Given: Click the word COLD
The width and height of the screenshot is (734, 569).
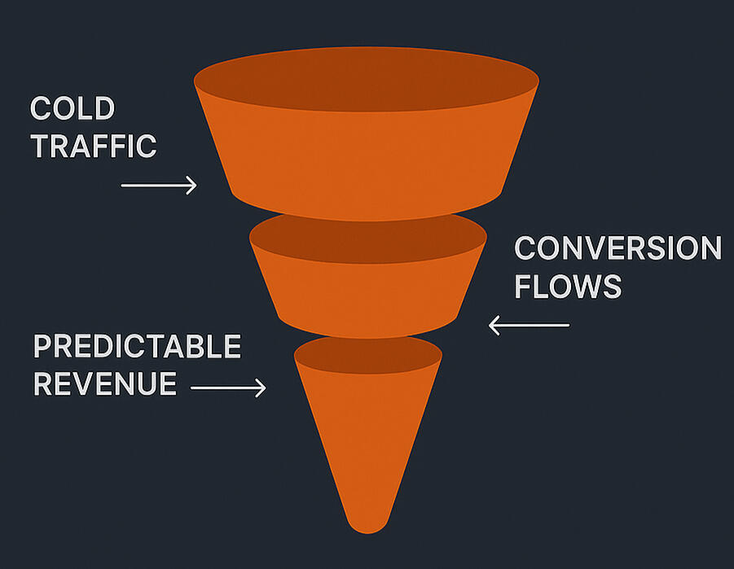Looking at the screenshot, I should tap(73, 108).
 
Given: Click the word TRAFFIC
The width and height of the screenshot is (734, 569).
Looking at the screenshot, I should tap(93, 147).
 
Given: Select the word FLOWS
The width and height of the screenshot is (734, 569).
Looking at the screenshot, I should tap(568, 287).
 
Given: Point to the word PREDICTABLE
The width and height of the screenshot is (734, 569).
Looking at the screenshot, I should tap(137, 347).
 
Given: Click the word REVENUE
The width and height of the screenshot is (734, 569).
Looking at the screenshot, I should tap(105, 383).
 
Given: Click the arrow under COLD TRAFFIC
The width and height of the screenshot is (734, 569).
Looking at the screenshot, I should tap(159, 186).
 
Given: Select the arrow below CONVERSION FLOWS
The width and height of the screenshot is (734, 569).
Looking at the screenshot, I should tap(529, 326).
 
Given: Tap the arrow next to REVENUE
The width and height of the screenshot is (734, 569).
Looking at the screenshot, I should tap(228, 388).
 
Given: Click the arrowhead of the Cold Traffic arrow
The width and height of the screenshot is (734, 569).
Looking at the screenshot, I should tap(192, 186).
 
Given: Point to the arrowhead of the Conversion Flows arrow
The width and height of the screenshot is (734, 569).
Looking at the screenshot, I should tap(494, 326).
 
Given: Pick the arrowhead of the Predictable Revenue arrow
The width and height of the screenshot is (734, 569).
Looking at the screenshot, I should tap(262, 388).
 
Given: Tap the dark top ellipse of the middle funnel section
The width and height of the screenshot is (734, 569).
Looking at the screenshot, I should tap(368, 237).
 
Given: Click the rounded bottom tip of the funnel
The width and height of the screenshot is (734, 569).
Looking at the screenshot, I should tap(368, 525).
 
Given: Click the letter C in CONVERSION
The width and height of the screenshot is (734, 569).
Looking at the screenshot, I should tap(527, 248).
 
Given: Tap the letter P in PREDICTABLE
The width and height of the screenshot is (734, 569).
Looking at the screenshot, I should tap(42, 347).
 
